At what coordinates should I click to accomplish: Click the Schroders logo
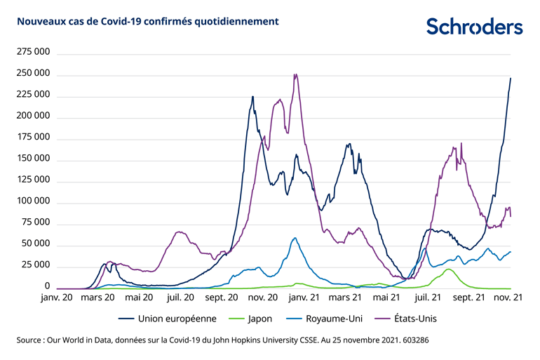[474, 26]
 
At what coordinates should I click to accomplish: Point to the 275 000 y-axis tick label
[30, 52]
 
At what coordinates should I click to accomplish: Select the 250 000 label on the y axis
[30, 73]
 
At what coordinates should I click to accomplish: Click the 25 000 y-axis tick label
[32, 265]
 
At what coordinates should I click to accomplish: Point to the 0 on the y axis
[47, 286]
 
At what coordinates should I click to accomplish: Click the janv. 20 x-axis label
[57, 298]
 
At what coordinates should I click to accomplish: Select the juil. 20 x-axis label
[180, 298]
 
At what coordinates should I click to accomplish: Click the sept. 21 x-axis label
[468, 298]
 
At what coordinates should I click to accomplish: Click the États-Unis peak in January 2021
[295, 74]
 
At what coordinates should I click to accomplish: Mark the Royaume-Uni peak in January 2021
[295, 238]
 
